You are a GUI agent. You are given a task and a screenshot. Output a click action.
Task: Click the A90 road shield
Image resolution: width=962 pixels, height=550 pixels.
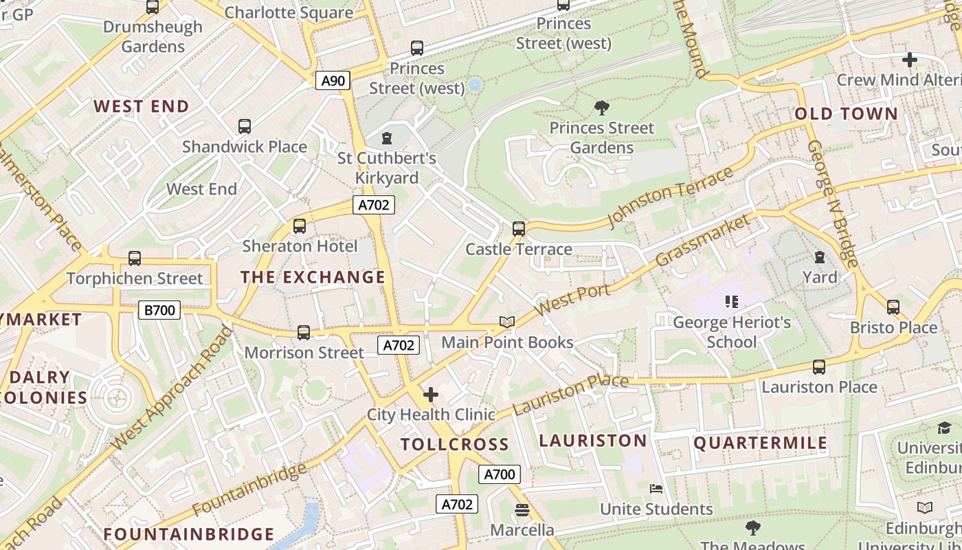[333, 81]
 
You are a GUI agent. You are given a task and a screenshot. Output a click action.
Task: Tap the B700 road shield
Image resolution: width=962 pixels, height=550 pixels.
[159, 310]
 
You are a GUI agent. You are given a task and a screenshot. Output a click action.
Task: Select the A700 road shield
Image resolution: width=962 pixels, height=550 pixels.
[500, 474]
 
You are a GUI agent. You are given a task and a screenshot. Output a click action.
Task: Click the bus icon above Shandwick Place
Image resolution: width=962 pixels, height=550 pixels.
[245, 126]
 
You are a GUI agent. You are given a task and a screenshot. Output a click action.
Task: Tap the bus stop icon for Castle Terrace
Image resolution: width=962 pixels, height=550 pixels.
[519, 229]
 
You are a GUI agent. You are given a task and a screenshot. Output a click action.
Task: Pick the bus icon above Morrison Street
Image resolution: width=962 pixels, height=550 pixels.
[304, 333]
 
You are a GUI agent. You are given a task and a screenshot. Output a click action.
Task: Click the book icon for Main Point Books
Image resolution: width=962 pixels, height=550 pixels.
[507, 322]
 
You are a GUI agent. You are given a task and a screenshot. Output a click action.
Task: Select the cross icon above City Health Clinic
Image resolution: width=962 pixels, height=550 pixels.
[431, 395]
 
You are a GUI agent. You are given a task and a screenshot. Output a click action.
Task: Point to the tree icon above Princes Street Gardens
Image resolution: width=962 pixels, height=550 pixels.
[602, 108]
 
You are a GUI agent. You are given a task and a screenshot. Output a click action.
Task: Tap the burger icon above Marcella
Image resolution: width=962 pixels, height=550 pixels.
[522, 510]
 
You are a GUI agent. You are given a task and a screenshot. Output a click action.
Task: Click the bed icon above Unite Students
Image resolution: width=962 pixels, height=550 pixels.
[656, 489]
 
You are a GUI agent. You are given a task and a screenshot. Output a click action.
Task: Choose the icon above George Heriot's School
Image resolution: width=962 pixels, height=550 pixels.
[731, 302]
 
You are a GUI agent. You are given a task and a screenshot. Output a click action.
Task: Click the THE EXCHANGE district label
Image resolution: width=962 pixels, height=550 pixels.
[313, 277]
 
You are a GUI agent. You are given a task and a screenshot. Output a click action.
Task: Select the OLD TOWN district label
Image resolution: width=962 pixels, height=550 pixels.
[846, 114]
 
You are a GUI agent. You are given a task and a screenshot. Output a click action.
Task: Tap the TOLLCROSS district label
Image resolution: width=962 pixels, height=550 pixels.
[455, 444]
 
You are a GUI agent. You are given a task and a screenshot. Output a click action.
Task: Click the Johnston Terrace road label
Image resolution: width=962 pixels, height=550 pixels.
[671, 197]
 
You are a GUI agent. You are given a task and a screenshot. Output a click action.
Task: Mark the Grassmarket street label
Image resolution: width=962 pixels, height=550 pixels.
[703, 241]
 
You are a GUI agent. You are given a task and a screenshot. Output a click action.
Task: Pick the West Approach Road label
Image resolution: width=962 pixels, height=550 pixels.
[172, 388]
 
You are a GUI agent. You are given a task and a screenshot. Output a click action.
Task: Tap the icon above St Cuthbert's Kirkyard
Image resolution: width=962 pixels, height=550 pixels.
[387, 139]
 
